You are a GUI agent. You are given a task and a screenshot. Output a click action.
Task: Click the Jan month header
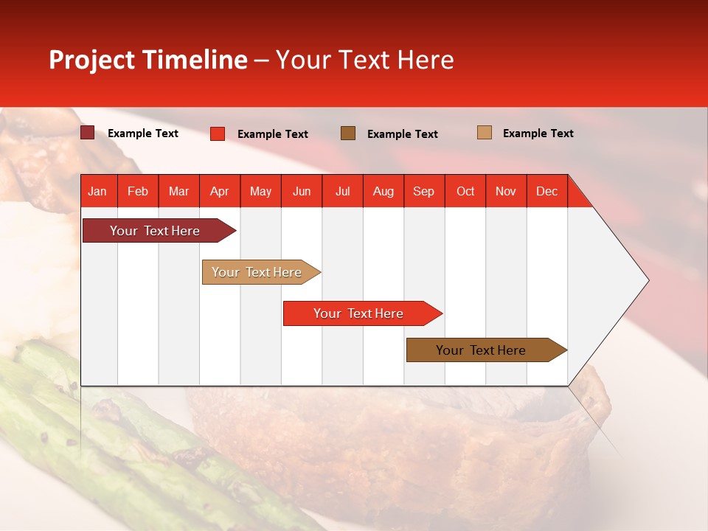(x=98, y=191)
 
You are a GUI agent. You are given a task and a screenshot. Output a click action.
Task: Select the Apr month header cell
(x=220, y=191)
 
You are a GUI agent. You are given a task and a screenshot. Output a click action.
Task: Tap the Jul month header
(x=342, y=191)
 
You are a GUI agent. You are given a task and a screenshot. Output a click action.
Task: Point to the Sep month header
(x=424, y=191)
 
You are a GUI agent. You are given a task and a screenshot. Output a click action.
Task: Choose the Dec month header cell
(x=546, y=191)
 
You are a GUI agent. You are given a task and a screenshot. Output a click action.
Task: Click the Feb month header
(x=138, y=191)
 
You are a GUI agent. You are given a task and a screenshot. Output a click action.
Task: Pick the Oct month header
(x=465, y=191)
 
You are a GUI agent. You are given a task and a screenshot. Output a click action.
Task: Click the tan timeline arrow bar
(x=258, y=272)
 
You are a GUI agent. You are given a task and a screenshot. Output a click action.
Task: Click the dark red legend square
(x=88, y=133)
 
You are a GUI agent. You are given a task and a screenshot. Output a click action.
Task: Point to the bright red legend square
(x=218, y=133)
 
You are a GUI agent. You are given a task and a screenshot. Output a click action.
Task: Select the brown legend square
(x=348, y=133)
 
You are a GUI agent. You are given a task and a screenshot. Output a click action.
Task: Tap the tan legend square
(x=485, y=133)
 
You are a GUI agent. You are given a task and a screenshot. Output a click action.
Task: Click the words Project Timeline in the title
(x=147, y=60)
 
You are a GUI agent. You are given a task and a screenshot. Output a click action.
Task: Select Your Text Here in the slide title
(x=364, y=60)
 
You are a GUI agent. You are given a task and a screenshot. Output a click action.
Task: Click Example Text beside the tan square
(x=538, y=133)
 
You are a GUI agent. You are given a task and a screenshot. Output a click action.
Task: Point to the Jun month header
(x=302, y=191)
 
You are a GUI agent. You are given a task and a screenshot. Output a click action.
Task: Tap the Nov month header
(x=506, y=191)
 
